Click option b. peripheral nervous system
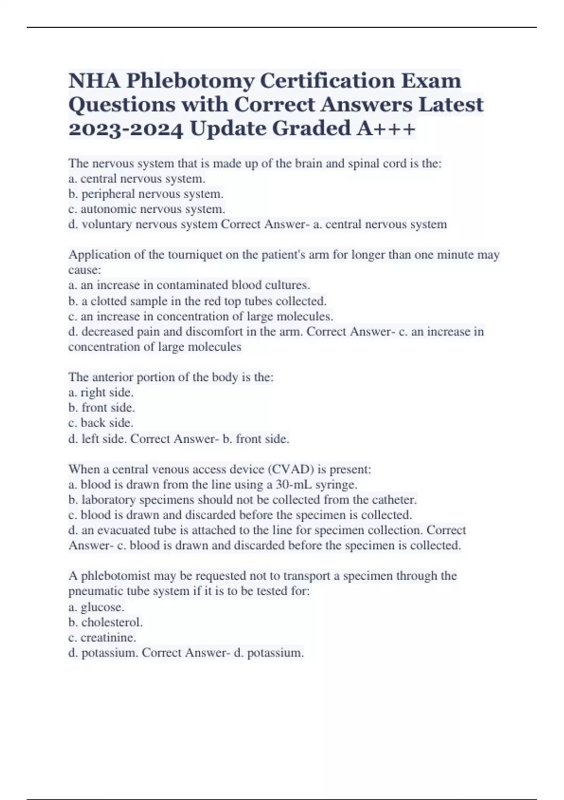(x=146, y=194)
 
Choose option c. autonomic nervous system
(x=147, y=209)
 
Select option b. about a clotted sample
(x=197, y=301)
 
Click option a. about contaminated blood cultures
(x=189, y=285)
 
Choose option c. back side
(x=101, y=423)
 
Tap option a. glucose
(x=96, y=607)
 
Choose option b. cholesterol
(x=105, y=622)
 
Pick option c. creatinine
(x=102, y=638)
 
